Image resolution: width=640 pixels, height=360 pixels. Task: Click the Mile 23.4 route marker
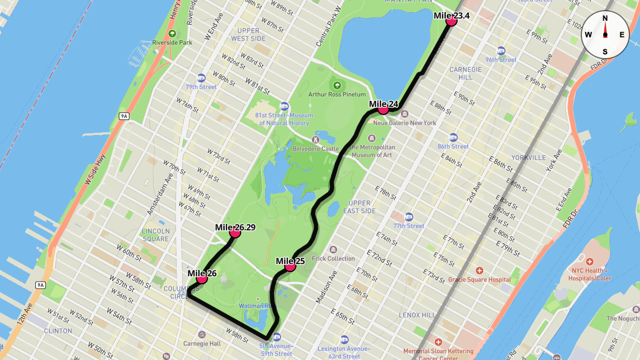coord(451,21)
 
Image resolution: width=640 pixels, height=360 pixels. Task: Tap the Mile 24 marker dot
coord(383,109)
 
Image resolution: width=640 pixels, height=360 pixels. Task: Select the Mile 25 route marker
coord(290,266)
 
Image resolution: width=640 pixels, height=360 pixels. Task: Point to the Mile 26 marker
coord(202,278)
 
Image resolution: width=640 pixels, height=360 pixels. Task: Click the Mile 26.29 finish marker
coord(235,233)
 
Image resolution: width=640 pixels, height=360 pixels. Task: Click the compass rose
coord(605,35)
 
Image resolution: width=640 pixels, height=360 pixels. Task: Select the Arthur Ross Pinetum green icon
coord(337,85)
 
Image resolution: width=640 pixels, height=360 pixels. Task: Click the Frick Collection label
coord(333,258)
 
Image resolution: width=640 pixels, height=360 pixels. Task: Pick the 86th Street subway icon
coord(453,137)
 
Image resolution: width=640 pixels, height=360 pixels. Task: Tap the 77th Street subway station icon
coord(409,217)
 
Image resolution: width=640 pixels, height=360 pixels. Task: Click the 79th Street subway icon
coord(201,78)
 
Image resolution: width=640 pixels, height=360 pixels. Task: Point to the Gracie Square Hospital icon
coord(479,270)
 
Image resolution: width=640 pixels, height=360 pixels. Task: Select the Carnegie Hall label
coord(202,343)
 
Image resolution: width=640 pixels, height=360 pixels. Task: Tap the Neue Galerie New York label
coord(404,123)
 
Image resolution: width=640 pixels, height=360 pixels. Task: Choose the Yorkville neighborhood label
coord(529,157)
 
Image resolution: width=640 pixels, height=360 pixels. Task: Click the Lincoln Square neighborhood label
coord(156,235)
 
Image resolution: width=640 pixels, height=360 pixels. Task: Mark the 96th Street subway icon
coord(501,51)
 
